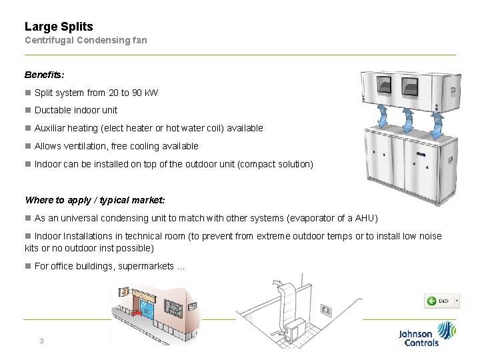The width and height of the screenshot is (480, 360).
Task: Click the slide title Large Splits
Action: pos(59,27)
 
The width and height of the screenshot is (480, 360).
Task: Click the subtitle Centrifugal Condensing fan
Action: pos(85,40)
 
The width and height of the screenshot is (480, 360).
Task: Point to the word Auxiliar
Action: pos(51,128)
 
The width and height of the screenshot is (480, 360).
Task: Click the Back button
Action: pos(442,301)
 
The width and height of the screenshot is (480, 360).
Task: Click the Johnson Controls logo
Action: pos(427,334)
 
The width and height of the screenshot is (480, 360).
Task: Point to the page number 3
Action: pos(41,341)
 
